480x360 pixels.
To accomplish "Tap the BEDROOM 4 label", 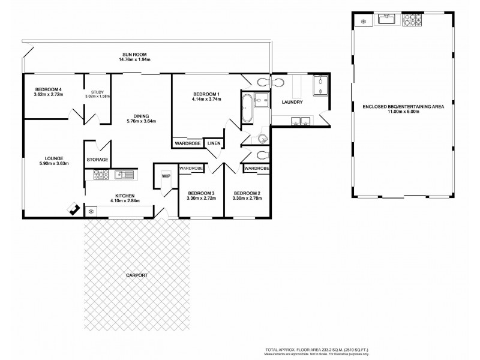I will (48, 90).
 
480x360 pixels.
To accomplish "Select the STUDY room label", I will (97, 92).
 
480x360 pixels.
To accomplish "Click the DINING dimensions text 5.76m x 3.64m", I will (140, 121).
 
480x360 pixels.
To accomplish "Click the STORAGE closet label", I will (97, 160).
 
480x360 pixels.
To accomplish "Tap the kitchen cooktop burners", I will (100, 175).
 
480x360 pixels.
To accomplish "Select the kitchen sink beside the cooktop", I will (124, 175).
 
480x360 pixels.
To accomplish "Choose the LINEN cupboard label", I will (213, 144).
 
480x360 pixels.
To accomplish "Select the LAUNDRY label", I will (292, 102).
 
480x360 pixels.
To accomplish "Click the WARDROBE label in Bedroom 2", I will (257, 169).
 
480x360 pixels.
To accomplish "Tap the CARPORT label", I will (137, 275).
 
